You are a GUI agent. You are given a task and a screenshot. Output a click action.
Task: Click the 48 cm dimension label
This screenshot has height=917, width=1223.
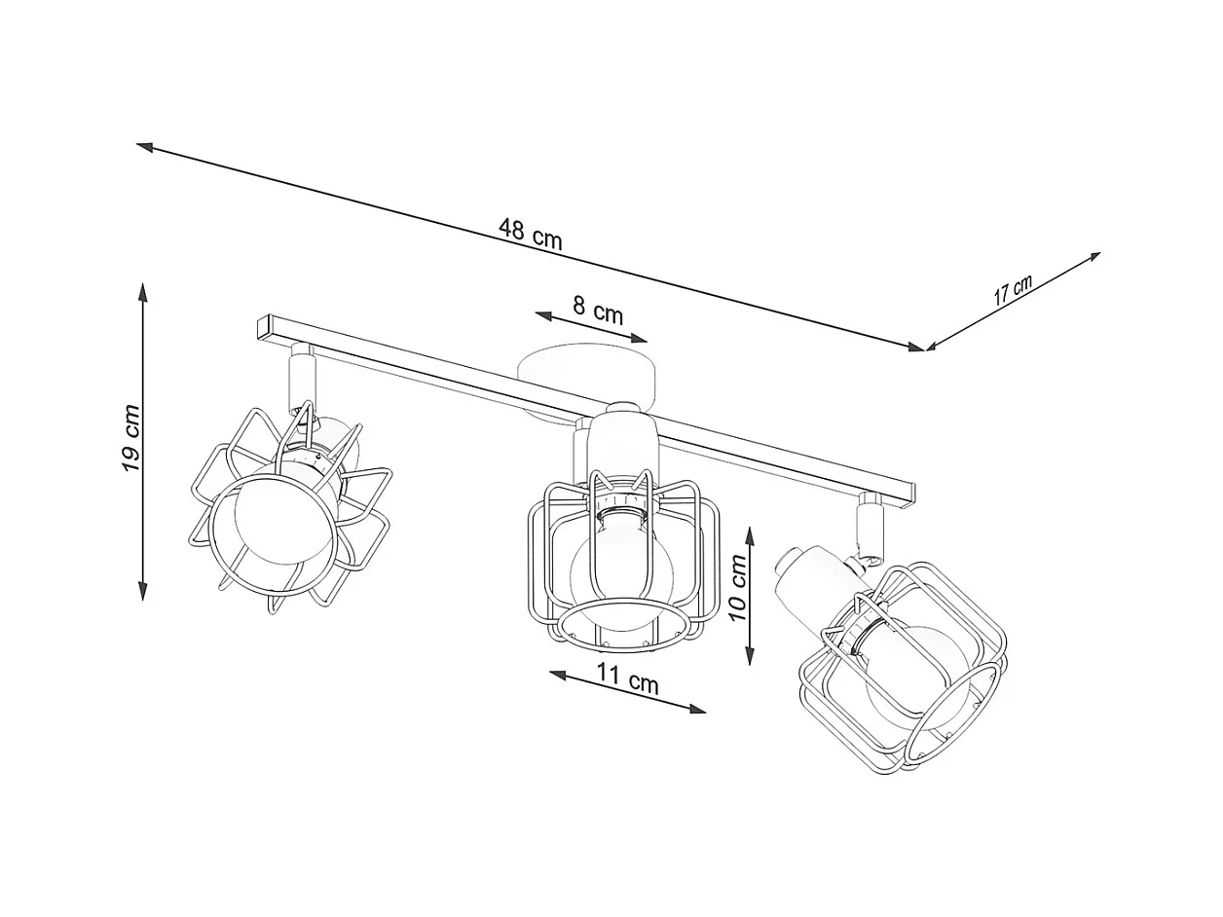click(530, 235)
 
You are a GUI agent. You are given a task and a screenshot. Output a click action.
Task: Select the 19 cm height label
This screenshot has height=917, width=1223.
click(131, 438)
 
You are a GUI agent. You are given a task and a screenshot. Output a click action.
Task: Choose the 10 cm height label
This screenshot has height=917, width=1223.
click(738, 588)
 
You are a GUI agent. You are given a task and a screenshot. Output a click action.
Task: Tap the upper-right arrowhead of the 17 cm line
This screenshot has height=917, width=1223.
click(1093, 257)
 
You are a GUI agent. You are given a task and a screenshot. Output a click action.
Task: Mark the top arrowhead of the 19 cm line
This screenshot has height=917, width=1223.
click(143, 292)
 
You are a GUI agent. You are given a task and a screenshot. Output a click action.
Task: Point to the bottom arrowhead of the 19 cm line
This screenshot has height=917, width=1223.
click(143, 591)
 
